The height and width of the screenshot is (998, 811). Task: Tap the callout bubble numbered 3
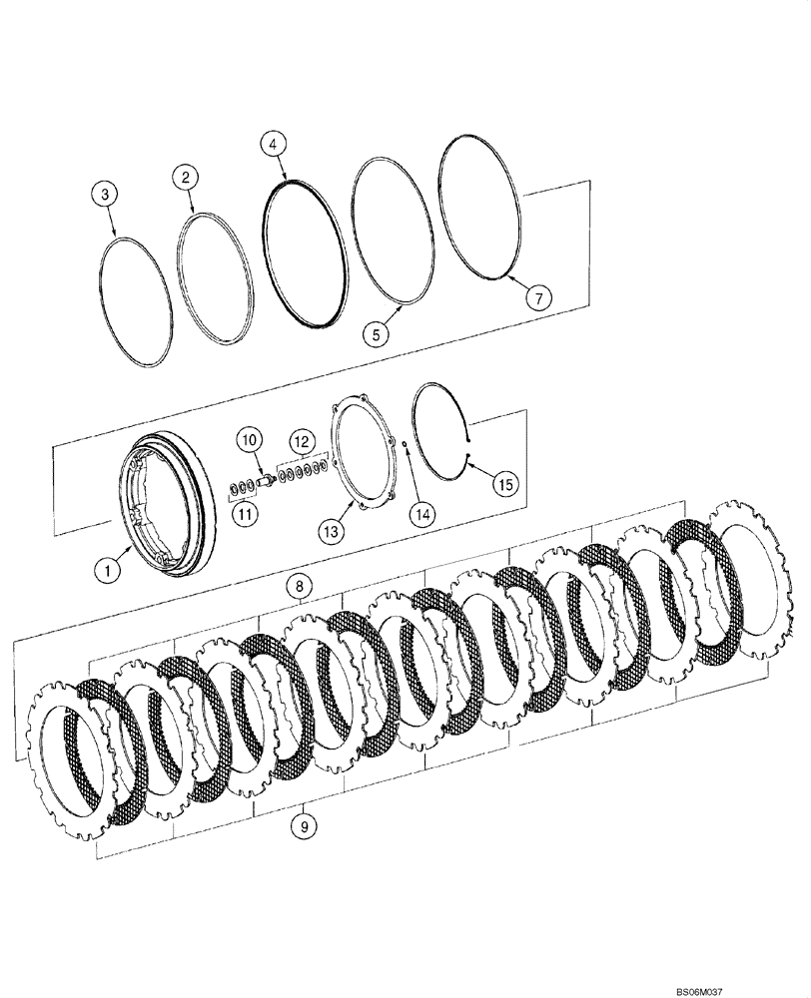click(x=108, y=195)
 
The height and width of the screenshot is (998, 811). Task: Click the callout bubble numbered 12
click(x=302, y=439)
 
